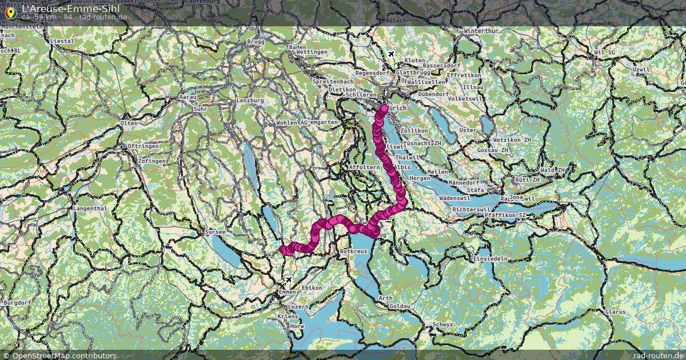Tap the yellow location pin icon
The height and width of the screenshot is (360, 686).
click(10, 11)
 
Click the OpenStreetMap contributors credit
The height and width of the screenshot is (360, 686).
click(64, 355)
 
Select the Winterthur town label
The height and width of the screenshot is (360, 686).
click(481, 30)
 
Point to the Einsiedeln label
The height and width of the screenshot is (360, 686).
click(490, 258)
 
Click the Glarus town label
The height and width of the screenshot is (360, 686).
click(615, 312)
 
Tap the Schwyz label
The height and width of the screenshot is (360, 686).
click(443, 324)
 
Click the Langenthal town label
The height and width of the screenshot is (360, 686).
click(90, 209)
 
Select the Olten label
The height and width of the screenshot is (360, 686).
click(129, 123)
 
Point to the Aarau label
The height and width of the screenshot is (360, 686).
click(188, 98)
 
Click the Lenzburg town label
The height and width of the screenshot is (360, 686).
click(250, 101)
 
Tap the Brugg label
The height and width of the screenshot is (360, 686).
click(255, 42)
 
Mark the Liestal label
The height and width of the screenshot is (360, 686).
click(62, 41)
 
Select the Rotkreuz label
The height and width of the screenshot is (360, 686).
click(353, 251)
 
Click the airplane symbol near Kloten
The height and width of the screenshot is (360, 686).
click(391, 54)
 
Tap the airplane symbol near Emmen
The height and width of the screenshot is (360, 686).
click(288, 280)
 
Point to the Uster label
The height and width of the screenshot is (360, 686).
click(467, 130)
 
